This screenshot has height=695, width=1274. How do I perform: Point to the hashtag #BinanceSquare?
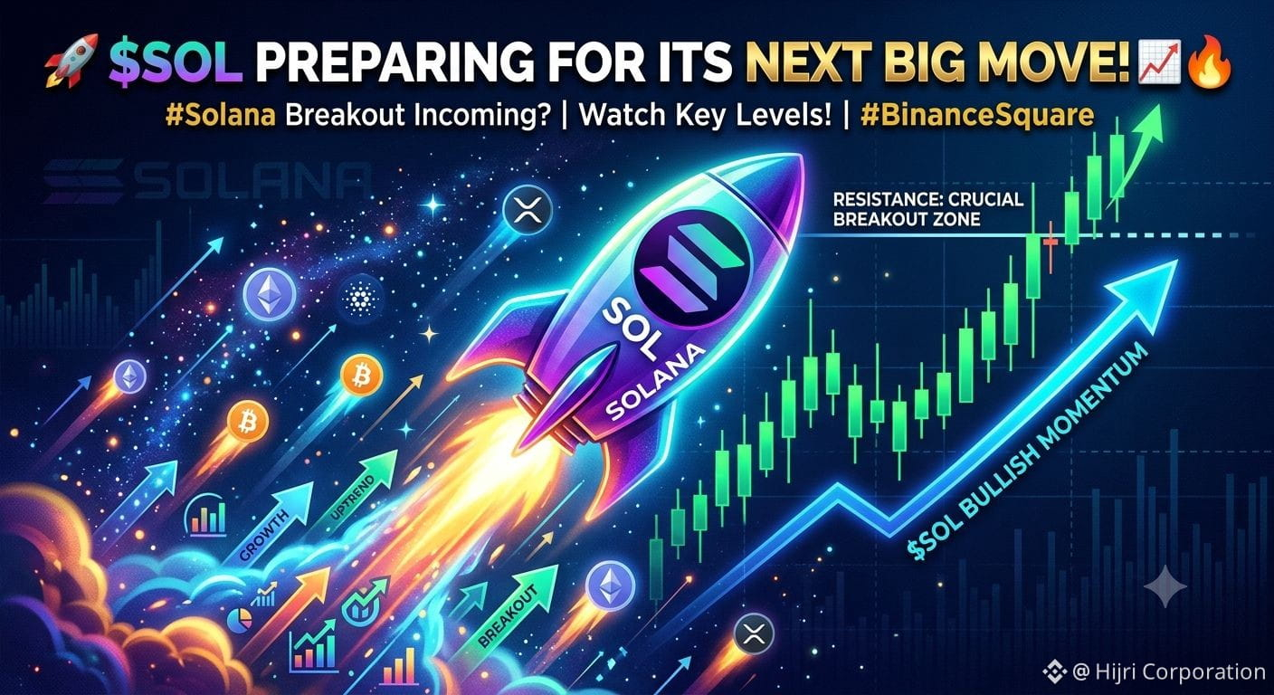(976, 115)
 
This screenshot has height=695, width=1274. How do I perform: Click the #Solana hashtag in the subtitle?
(221, 115)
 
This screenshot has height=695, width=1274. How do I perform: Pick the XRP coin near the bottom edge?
(754, 635)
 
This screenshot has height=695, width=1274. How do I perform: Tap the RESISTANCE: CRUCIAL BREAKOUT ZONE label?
(927, 209)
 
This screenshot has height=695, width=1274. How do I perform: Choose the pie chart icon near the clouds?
(240, 620)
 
